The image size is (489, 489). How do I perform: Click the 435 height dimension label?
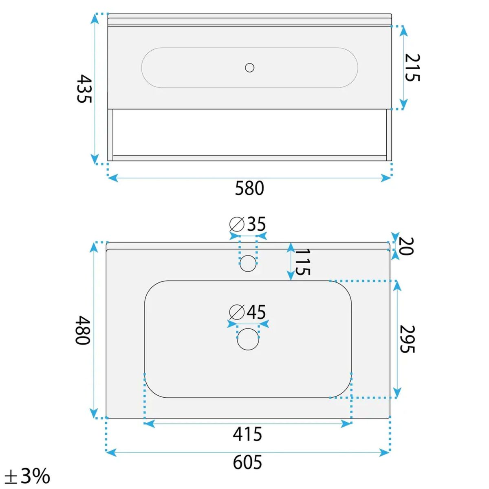click(84, 88)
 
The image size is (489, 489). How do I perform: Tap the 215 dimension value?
click(412, 68)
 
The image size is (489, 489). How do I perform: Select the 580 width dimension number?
click(249, 188)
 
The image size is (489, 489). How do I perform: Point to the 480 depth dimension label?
click(82, 330)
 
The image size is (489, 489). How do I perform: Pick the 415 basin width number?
click(247, 434)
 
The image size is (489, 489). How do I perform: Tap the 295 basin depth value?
click(407, 339)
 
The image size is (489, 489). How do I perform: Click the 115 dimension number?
click(303, 262)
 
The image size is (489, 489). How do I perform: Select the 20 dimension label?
click(406, 246)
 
